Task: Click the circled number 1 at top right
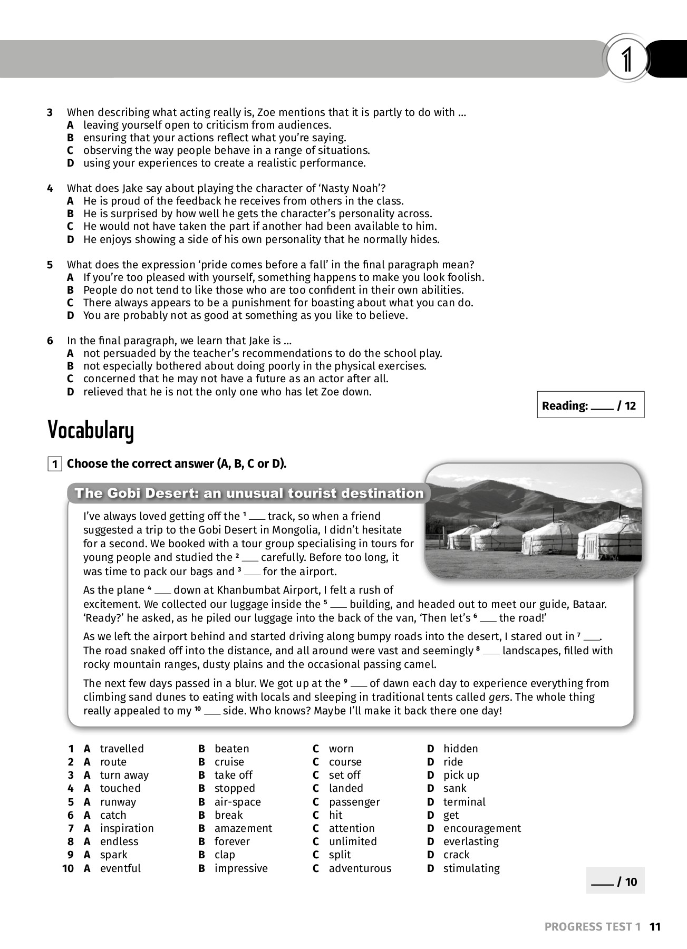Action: point(626,60)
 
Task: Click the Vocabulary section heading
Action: point(91,430)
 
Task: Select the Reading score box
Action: point(590,405)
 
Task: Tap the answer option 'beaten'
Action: point(231,749)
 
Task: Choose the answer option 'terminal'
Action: point(464,802)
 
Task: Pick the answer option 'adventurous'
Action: point(360,868)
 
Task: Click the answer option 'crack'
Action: point(456,855)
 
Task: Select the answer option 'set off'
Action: point(344,775)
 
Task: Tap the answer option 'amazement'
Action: point(243,828)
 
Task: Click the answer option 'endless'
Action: point(119,841)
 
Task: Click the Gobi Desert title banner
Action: point(249,493)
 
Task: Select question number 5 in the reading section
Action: point(50,265)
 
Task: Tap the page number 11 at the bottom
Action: point(655,926)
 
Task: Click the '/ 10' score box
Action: point(615,882)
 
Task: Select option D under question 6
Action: point(71,392)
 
